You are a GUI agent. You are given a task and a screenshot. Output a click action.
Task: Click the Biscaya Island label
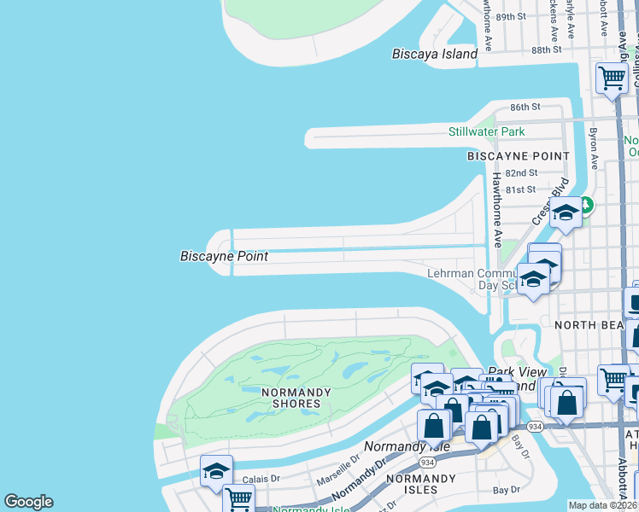pos(434,54)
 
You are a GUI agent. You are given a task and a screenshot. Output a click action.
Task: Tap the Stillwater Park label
pos(487,131)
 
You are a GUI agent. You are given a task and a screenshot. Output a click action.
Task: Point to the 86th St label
pos(525,107)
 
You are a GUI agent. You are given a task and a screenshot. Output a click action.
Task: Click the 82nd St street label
pos(520,172)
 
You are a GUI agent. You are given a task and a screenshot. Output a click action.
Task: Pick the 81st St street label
pos(520,189)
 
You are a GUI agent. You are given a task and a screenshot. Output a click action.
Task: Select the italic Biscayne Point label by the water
pos(224,256)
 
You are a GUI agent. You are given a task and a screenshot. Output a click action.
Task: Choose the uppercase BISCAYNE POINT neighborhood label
pos(518,156)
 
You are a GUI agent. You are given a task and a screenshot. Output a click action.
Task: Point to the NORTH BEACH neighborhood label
pos(589,325)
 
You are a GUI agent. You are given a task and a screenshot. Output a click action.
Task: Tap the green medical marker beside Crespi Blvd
pos(586,205)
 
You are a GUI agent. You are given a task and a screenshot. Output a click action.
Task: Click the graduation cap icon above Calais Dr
pos(216,471)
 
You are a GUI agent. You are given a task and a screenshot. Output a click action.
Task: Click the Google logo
pos(28,502)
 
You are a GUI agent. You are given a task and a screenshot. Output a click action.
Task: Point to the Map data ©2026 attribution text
pos(602,505)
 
